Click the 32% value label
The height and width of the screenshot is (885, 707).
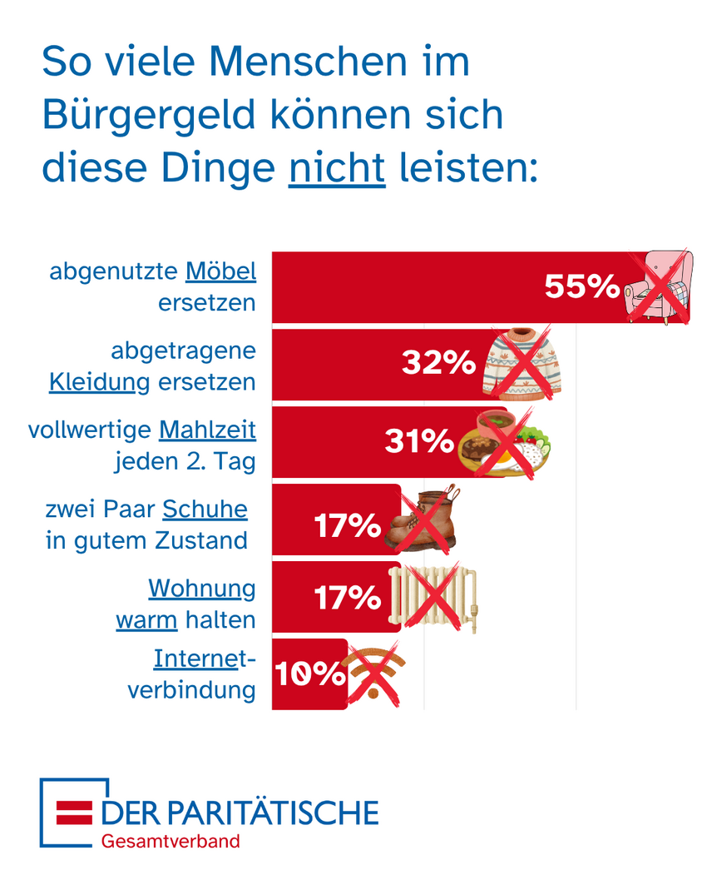438,363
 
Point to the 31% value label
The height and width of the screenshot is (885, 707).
420,440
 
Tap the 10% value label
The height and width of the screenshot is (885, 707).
309,674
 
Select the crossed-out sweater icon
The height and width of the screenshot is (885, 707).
522,364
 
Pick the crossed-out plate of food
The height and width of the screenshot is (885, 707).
504,442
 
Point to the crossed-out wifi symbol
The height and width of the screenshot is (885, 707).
373,673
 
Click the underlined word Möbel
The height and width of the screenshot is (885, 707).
220,271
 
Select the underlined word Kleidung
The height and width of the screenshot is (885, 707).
100,382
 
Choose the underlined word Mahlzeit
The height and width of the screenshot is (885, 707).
207,430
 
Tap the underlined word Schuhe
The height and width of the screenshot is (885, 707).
205,508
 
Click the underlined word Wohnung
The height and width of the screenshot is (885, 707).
202,588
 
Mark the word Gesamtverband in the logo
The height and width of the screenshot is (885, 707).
171,841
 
